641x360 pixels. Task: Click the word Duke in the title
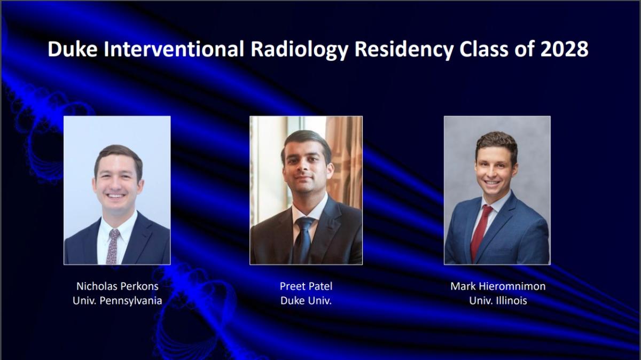[x=73, y=49]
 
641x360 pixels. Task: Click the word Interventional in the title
[x=174, y=49]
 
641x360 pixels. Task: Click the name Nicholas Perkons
[x=118, y=286]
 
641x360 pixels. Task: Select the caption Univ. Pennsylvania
[x=118, y=301]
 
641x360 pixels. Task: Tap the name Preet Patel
[x=306, y=286]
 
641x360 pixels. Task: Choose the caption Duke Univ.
[x=306, y=301]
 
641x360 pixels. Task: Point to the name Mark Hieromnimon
[x=498, y=286]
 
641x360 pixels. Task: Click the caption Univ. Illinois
[x=498, y=301]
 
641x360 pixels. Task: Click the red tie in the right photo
[x=481, y=232]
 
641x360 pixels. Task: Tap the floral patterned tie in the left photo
[x=113, y=247]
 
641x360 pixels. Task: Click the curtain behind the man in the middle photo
[x=345, y=160]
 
